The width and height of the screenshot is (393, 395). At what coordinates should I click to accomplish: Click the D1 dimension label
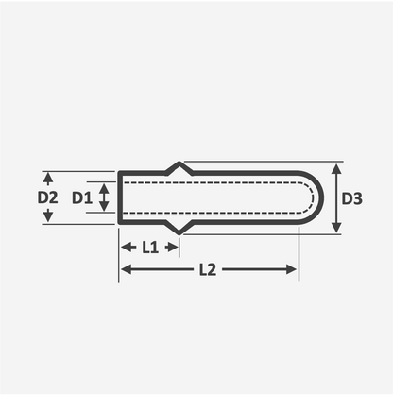(x=80, y=198)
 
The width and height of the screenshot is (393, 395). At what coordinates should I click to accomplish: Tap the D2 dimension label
(x=47, y=198)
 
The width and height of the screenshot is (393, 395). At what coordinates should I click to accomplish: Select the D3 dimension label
(x=352, y=198)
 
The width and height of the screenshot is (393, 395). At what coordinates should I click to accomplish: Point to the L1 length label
(x=149, y=248)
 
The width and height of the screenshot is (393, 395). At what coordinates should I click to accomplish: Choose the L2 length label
(x=208, y=269)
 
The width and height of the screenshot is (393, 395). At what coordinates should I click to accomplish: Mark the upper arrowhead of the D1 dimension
(x=104, y=185)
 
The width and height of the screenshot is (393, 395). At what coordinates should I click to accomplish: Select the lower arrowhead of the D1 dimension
(x=104, y=210)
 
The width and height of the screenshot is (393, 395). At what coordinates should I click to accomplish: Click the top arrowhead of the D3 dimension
(x=334, y=168)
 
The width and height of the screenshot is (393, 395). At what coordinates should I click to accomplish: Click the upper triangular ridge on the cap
(x=179, y=167)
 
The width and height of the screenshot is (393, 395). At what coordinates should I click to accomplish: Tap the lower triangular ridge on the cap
(x=179, y=229)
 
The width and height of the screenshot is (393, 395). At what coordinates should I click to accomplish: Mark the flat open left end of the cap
(x=119, y=198)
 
